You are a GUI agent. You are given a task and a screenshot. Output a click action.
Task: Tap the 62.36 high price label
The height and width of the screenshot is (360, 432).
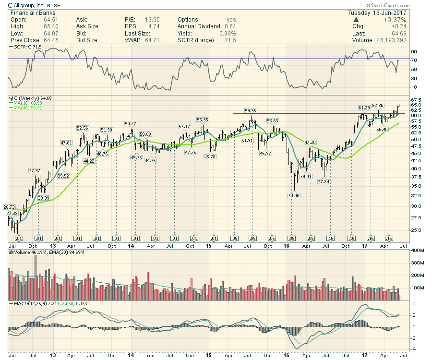(x=378, y=106)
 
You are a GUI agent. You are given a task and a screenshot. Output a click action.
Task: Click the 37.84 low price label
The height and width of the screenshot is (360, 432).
(x=324, y=182)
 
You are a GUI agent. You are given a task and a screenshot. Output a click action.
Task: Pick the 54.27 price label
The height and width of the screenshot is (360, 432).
(x=131, y=123)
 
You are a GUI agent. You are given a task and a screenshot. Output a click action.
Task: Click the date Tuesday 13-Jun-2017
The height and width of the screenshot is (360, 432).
(x=377, y=12)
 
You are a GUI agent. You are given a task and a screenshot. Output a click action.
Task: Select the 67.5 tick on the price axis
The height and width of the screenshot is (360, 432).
(x=416, y=99)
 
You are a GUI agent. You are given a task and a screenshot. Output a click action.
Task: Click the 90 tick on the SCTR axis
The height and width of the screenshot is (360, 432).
(x=414, y=51)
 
